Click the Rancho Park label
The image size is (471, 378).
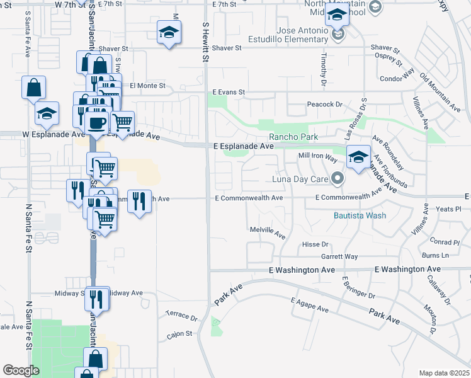tap(293, 137)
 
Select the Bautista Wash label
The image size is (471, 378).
tap(360, 215)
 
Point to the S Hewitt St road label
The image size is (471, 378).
tap(205, 39)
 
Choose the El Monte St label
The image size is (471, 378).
tap(147, 85)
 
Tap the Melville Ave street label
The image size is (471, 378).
tap(268, 232)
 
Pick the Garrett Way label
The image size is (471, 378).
tap(339, 256)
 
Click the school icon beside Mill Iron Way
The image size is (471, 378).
tap(358, 157)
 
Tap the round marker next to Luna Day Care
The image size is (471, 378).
tap(338, 180)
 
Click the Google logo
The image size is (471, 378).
tap(21, 370)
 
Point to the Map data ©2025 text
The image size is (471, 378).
tap(443, 373)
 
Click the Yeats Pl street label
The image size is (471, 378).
tap(449, 209)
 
